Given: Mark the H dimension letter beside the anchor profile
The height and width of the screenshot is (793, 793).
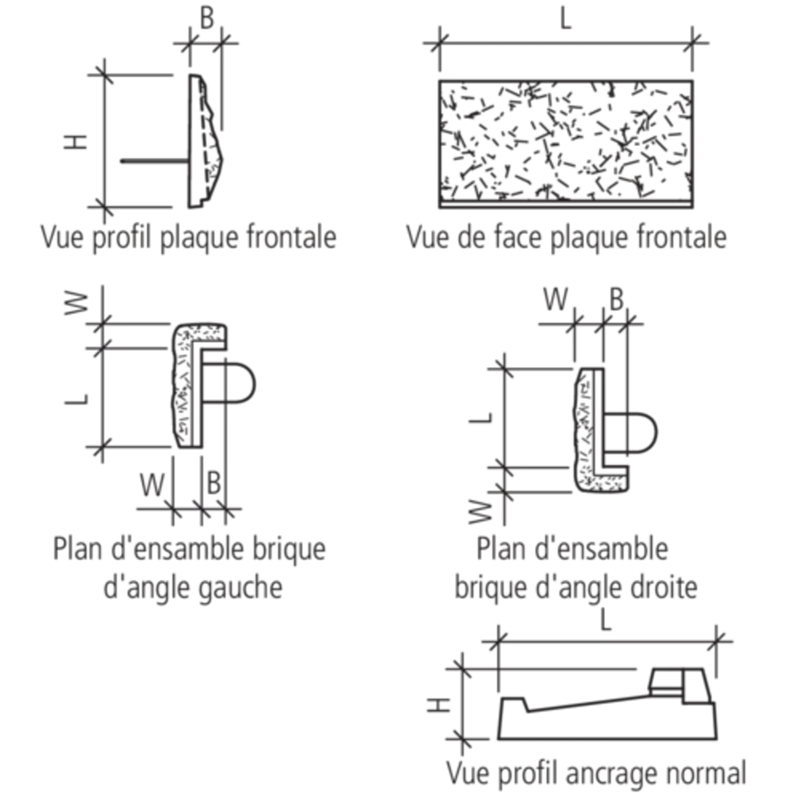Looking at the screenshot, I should click(430, 709).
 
